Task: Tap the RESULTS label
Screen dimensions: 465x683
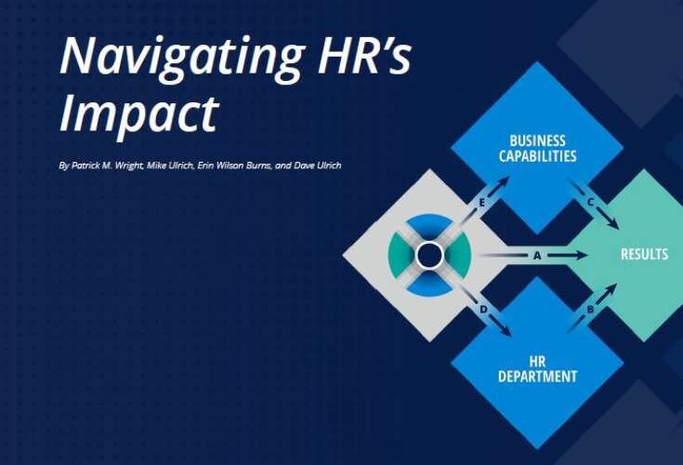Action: click(x=644, y=254)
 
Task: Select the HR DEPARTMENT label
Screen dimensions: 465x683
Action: click(x=536, y=369)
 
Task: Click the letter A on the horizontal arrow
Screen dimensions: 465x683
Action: click(x=536, y=255)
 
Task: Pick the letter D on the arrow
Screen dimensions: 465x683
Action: click(x=483, y=309)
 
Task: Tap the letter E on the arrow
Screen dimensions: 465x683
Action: click(x=481, y=201)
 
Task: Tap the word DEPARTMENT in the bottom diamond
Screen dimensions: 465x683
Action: click(x=536, y=377)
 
